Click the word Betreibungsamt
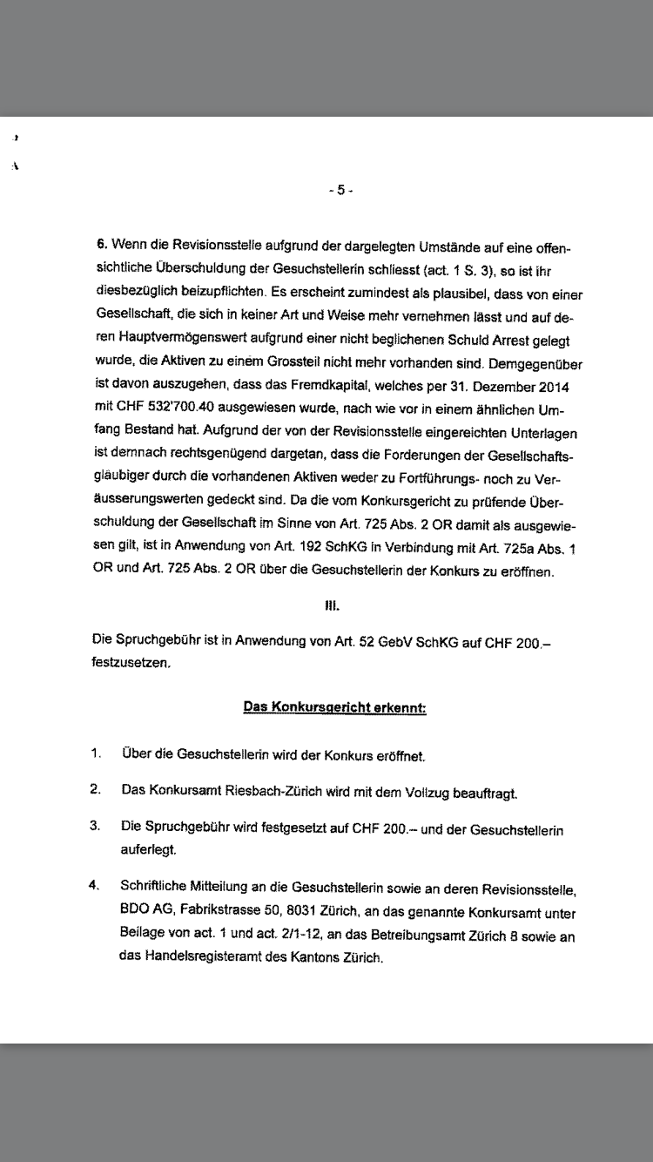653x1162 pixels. [417, 936]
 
